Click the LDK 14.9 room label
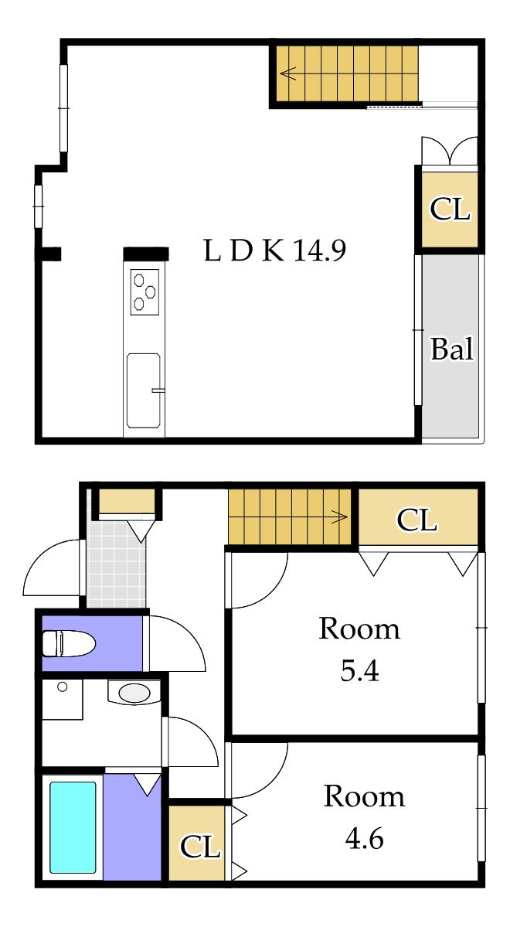coord(275,251)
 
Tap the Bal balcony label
coord(452,349)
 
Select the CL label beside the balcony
coord(450,210)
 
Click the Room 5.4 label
coord(359,649)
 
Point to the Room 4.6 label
coord(363,818)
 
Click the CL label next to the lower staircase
coord(416,520)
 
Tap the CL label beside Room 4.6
coord(199,847)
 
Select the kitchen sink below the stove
coord(144,390)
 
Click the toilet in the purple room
coord(69,644)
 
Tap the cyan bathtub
coord(73,827)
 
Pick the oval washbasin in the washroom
coord(134,693)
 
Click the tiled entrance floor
coord(117,564)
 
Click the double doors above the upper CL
coord(449,152)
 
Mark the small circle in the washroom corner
coord(62,687)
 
